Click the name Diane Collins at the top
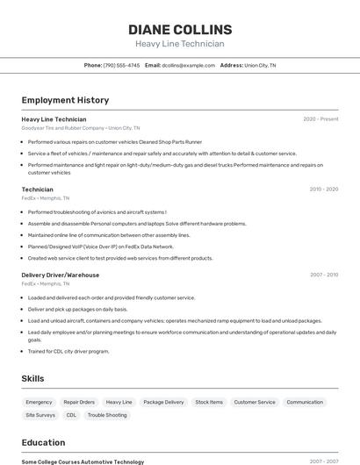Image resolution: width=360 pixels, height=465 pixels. pyautogui.click(x=179, y=29)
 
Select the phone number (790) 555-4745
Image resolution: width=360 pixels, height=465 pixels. pyautogui.click(x=121, y=65)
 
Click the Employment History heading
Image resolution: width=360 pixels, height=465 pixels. pyautogui.click(x=65, y=100)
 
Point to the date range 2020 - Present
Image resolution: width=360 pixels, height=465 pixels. pyautogui.click(x=320, y=118)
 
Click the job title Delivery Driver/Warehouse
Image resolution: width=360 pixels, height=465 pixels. pyautogui.click(x=60, y=275)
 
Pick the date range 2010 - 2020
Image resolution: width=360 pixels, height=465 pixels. pyautogui.click(x=323, y=189)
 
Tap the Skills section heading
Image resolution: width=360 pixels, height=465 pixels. pyautogui.click(x=33, y=378)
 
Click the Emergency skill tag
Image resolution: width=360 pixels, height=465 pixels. pyautogui.click(x=39, y=402)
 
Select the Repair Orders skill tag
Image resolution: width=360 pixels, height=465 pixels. pyautogui.click(x=79, y=402)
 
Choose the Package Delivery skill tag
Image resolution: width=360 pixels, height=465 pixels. pyautogui.click(x=163, y=402)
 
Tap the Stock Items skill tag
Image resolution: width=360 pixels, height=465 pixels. pyautogui.click(x=209, y=402)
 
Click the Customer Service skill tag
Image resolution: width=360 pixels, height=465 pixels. pyautogui.click(x=255, y=402)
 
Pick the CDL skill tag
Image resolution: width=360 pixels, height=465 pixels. pyautogui.click(x=71, y=415)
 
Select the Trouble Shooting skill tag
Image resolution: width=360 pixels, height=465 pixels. pyautogui.click(x=107, y=415)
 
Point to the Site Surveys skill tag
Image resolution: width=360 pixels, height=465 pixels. pyautogui.click(x=40, y=415)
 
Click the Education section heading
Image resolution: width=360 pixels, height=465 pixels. pyautogui.click(x=43, y=442)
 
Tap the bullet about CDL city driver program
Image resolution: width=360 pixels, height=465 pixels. pyautogui.click(x=68, y=351)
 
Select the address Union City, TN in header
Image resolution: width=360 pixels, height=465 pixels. pyautogui.click(x=260, y=65)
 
